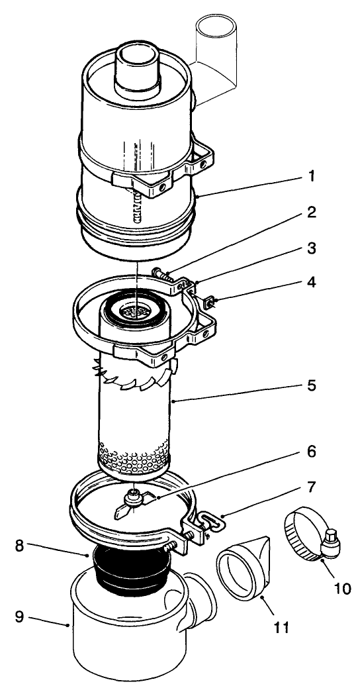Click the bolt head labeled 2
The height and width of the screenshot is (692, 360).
point(159,272)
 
